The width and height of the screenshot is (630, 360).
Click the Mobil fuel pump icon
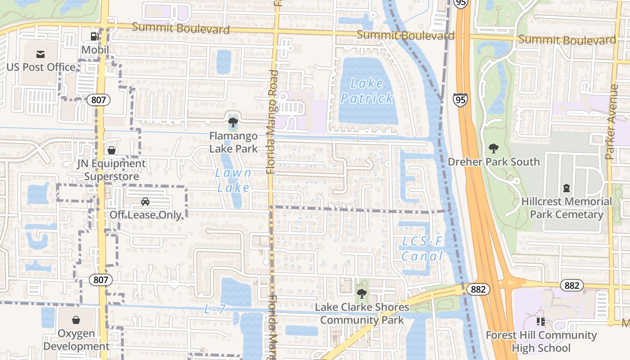tap(94, 36)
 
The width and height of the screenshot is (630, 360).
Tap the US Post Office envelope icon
tap(40, 54)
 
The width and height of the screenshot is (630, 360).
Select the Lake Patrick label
tap(367, 90)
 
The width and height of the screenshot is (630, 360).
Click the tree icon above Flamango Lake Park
tap(233, 122)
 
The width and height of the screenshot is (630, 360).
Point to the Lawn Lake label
tap(233, 180)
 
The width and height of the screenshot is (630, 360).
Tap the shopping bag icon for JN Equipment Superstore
tap(111, 150)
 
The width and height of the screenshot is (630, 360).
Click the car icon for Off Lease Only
tap(145, 201)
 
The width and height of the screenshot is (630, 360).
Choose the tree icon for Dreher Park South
tap(494, 148)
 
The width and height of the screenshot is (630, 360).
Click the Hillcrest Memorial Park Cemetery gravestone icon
tap(566, 188)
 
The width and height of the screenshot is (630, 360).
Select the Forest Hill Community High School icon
tap(540, 321)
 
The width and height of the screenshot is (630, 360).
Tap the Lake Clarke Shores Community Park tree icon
tap(361, 294)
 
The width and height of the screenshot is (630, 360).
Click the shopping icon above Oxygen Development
tap(76, 320)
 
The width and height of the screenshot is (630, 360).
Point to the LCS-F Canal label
tap(422, 249)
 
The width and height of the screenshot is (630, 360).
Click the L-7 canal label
tap(214, 309)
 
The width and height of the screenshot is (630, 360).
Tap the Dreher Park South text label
tap(494, 162)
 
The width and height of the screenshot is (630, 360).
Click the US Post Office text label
tap(41, 67)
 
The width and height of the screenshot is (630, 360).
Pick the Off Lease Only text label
tap(145, 215)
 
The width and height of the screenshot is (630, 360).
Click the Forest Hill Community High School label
tap(540, 342)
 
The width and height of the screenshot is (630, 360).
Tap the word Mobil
tap(95, 49)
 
